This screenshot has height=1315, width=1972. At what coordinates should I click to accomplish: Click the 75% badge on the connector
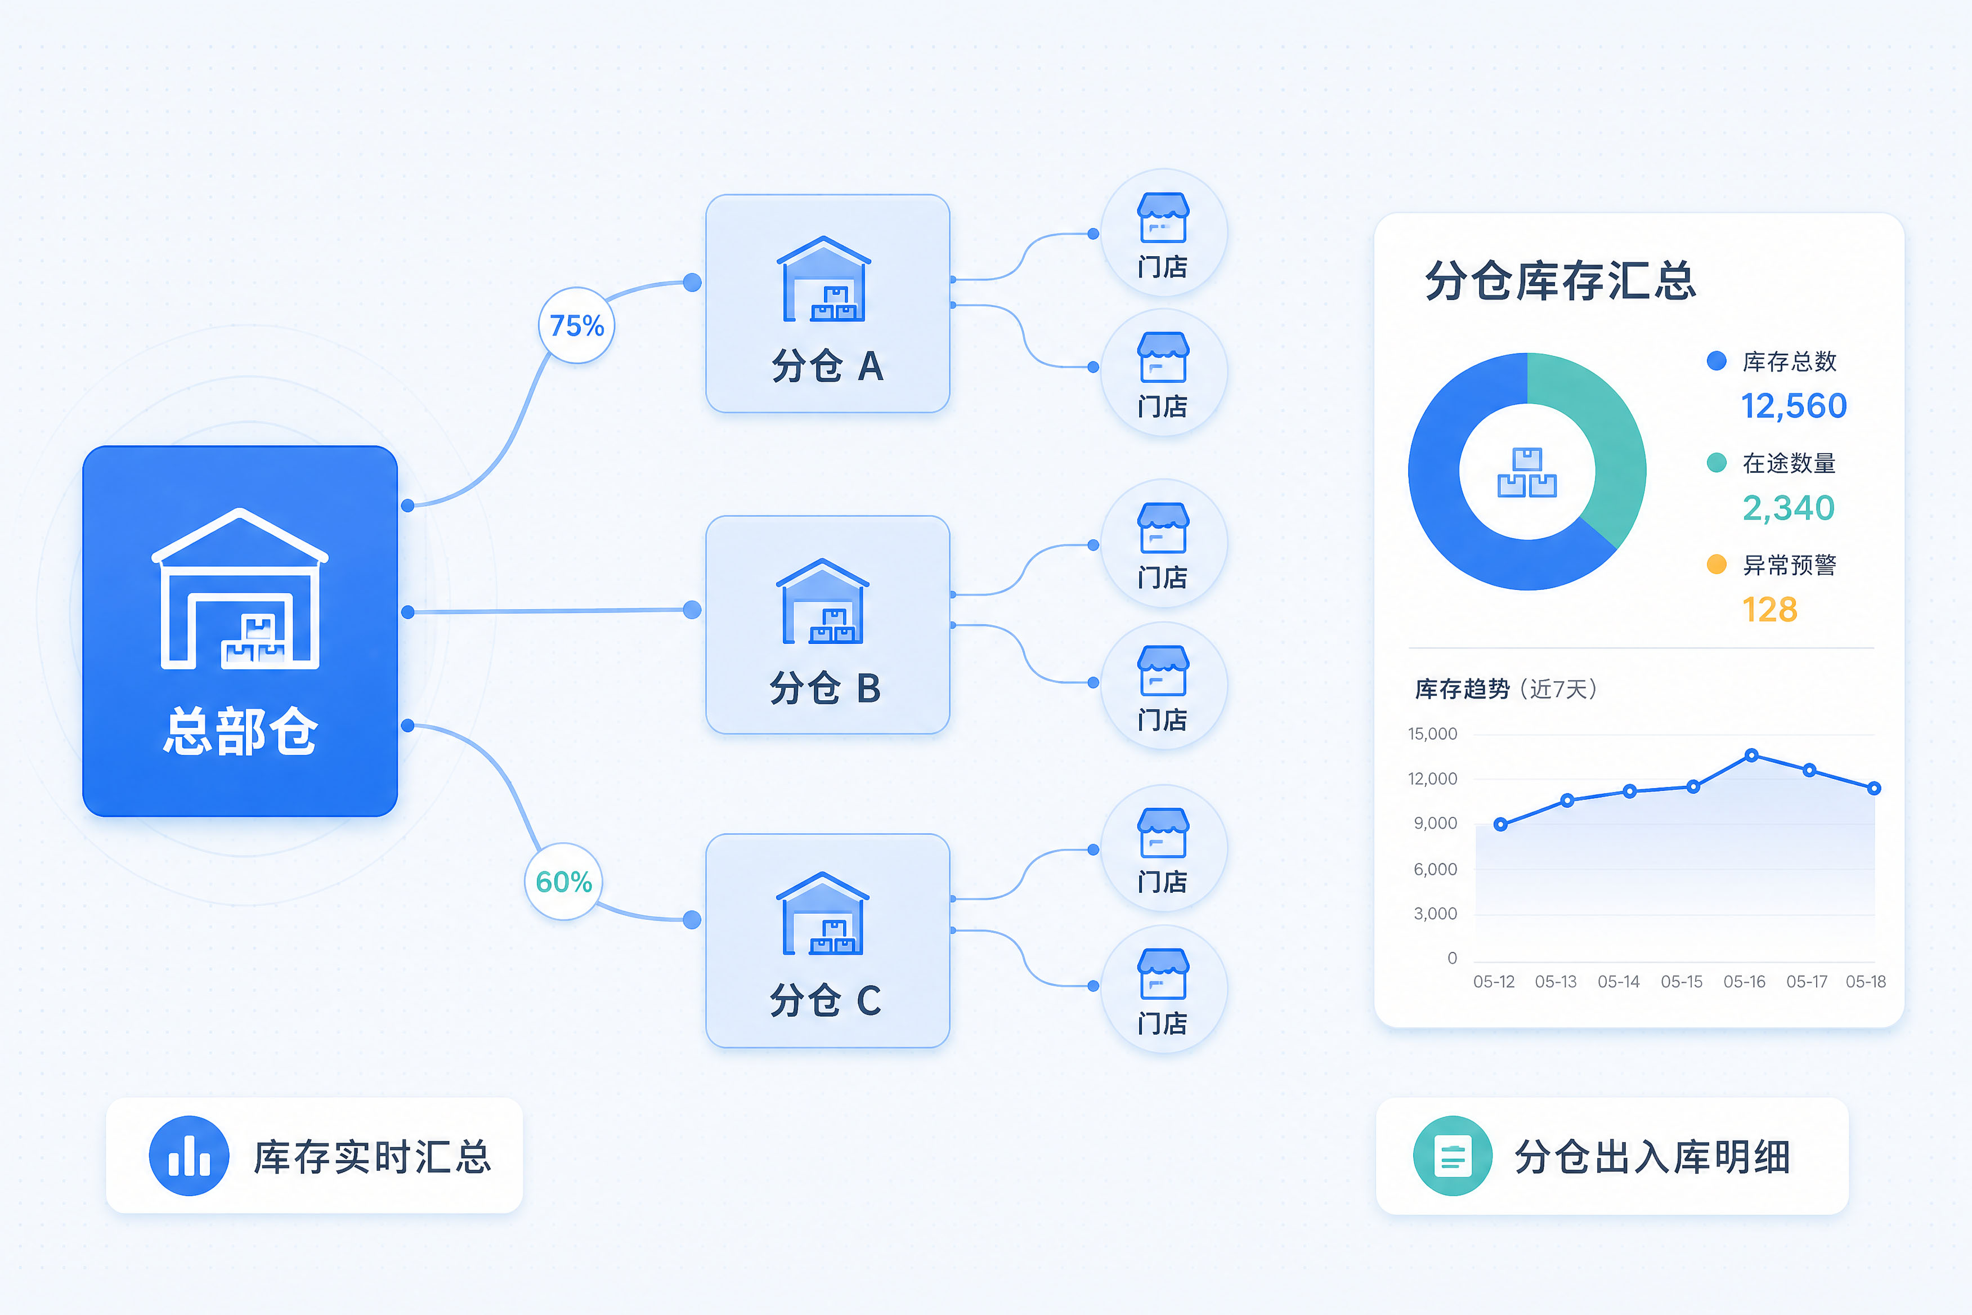577,325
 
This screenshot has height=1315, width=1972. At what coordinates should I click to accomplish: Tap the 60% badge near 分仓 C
563,882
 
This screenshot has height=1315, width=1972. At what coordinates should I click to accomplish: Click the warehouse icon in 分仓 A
824,279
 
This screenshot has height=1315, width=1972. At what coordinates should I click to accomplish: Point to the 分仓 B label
826,688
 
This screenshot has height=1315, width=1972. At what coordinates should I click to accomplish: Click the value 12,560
1794,406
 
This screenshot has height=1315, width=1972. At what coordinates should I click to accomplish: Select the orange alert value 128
1770,610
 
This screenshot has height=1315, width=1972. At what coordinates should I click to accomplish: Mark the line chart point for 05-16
1751,755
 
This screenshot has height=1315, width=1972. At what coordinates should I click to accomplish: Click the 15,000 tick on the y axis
1432,734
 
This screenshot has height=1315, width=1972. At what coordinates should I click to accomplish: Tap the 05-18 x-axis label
1866,981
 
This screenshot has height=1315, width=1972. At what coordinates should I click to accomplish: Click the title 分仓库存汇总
1561,280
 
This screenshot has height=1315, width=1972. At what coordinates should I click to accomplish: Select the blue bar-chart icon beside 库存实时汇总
190,1156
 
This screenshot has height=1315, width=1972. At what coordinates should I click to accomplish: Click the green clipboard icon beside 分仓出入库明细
1453,1156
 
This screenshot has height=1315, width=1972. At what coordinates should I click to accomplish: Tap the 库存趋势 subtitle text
1462,690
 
